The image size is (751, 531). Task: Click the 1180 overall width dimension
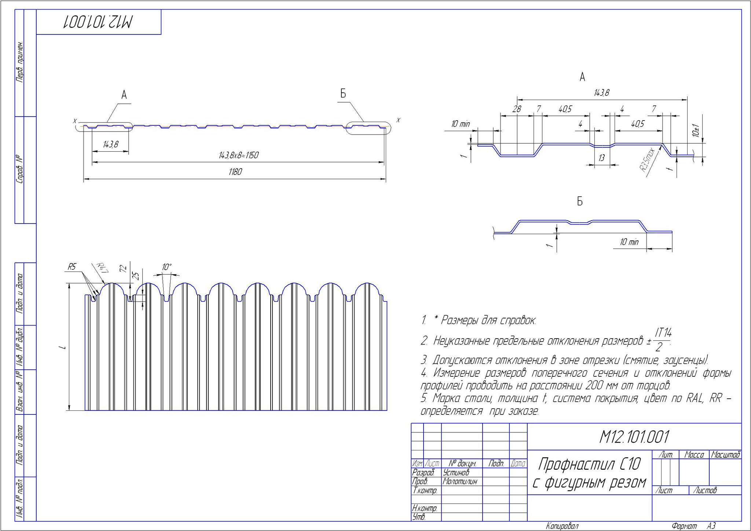(x=235, y=172)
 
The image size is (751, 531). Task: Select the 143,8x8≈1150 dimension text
(x=239, y=155)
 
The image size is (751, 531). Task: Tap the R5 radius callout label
(x=72, y=267)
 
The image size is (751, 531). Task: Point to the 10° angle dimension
(x=167, y=267)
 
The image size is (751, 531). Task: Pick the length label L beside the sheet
(x=65, y=347)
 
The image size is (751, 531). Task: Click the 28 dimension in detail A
(x=516, y=109)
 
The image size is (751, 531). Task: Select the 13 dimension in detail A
(x=601, y=158)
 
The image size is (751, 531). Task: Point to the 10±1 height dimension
(x=696, y=130)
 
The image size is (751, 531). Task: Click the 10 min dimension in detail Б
(x=629, y=242)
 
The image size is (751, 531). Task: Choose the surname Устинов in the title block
(x=456, y=473)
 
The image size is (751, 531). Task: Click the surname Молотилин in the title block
(x=460, y=482)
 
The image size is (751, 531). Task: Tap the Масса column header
(x=694, y=455)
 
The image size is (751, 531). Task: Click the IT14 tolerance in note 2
(x=663, y=333)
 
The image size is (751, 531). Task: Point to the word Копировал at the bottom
(x=562, y=526)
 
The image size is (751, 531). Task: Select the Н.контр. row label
(x=424, y=508)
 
